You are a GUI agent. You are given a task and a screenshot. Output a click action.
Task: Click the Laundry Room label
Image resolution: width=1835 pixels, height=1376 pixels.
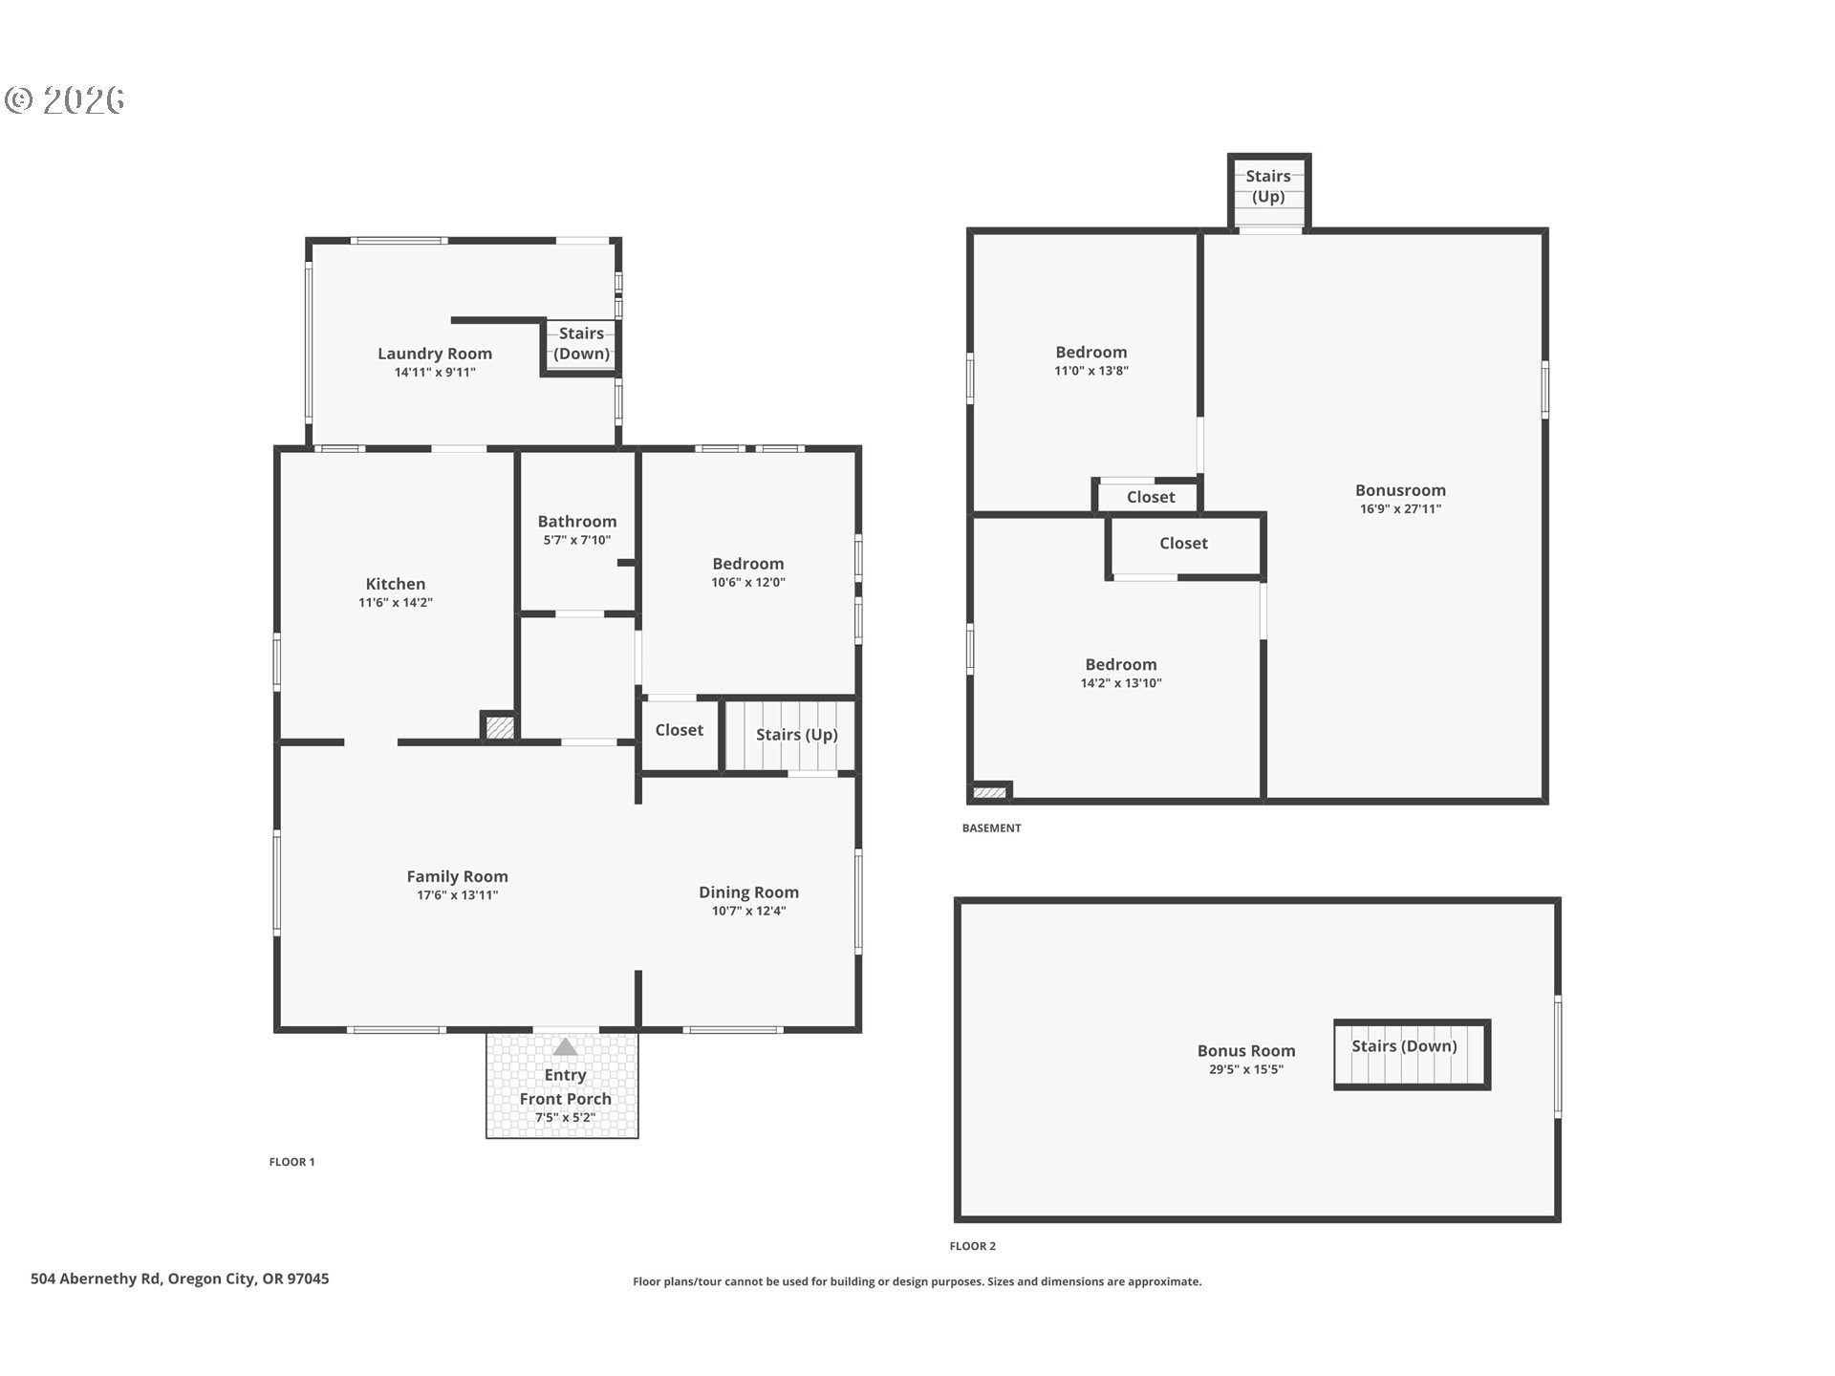point(434,354)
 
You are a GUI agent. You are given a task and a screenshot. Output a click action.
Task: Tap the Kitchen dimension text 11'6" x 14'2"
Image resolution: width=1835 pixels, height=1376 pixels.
point(395,603)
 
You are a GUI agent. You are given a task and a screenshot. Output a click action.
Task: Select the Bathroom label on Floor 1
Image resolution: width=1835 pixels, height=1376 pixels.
point(576,522)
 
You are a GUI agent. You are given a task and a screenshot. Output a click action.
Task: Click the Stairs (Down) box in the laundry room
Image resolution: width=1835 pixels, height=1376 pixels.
point(581,344)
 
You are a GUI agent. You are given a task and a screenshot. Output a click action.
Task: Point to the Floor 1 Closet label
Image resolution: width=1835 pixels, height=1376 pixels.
point(679,730)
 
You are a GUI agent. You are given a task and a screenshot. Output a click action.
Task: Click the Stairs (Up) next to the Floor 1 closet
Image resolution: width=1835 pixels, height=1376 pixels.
point(795,735)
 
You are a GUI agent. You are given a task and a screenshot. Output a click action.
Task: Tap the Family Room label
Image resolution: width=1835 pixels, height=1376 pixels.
point(457,876)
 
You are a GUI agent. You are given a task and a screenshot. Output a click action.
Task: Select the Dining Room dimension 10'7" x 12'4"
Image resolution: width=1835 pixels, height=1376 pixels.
point(748,912)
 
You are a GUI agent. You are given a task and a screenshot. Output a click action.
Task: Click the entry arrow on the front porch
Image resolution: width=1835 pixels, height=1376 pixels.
point(565,1047)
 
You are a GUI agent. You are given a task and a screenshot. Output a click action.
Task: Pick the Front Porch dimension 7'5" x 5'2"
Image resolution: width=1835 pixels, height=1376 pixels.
point(565,1118)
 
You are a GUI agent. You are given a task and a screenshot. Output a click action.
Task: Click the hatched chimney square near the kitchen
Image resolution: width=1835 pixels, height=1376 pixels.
point(499,727)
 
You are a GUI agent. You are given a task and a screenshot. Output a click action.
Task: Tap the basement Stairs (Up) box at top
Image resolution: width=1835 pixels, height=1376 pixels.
point(1267,187)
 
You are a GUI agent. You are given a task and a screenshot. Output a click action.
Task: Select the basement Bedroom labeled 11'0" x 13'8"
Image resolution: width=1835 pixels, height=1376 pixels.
point(1090,353)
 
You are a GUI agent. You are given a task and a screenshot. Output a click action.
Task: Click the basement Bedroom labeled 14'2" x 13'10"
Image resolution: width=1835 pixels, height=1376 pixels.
point(1120,665)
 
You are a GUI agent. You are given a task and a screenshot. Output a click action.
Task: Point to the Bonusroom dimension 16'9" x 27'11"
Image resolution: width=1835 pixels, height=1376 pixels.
point(1400,509)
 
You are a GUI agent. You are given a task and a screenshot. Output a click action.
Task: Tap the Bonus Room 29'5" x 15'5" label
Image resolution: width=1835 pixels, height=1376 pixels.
point(1245,1051)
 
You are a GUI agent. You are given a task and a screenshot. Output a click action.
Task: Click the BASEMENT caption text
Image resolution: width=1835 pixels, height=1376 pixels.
point(991,828)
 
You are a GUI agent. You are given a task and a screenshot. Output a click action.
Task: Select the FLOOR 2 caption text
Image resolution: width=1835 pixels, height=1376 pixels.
point(972,1246)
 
